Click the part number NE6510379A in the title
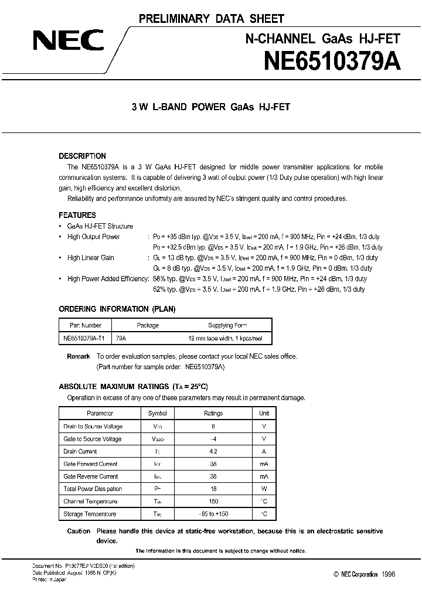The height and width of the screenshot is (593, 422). [332, 60]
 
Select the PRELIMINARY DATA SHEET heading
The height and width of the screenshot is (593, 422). [211, 19]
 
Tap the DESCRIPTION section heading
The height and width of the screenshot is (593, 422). [83, 156]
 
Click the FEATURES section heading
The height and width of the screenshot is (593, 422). [77, 215]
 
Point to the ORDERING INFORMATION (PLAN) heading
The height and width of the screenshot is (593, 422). [117, 309]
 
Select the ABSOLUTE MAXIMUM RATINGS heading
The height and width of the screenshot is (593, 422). [134, 387]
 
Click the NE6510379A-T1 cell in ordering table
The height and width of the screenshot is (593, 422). [84, 339]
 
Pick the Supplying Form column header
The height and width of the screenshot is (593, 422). [228, 325]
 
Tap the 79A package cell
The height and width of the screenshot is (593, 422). [121, 339]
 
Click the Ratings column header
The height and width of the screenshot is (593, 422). [213, 413]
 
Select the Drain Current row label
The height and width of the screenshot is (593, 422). [80, 451]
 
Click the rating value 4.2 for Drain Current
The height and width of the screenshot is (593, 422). [213, 451]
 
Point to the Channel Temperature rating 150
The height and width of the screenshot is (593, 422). [213, 502]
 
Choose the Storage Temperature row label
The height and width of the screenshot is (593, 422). [90, 514]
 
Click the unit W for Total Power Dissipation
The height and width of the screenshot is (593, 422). [264, 489]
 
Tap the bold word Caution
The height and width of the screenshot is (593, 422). [79, 531]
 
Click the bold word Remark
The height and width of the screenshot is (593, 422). [79, 356]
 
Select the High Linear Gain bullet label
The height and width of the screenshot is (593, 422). [91, 258]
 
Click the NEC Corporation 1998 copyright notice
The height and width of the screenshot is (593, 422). [365, 575]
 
